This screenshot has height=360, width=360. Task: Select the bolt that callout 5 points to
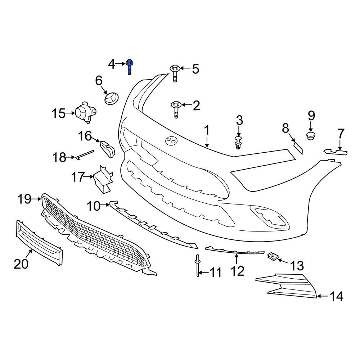click(175, 73)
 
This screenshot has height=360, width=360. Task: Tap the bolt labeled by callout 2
click(176, 109)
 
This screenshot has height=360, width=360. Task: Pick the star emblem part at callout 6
click(111, 99)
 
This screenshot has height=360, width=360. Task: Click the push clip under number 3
click(238, 143)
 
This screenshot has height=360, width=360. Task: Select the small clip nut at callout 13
click(273, 256)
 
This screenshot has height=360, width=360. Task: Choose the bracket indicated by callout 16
click(107, 149)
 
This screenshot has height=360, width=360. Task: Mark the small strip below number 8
click(298, 148)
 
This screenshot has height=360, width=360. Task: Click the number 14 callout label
click(336, 296)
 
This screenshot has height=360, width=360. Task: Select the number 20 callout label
click(21, 264)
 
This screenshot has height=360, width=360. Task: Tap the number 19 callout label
click(24, 199)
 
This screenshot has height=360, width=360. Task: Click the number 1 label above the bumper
click(207, 130)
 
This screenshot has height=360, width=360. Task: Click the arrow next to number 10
click(105, 205)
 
